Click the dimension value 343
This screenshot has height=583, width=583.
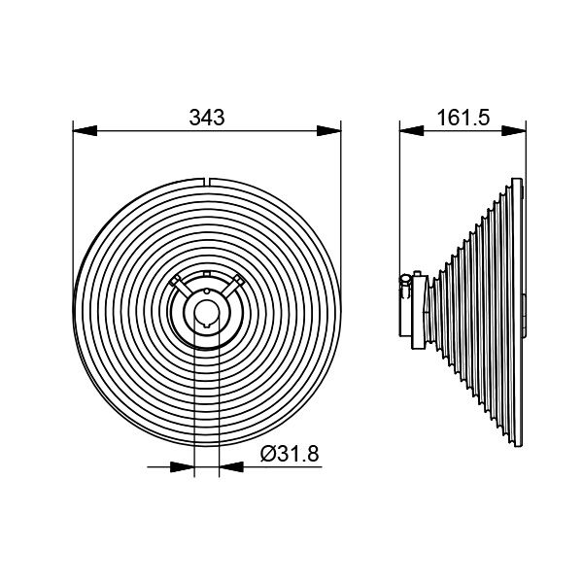pos(206,118)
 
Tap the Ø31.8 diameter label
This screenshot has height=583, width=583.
pos(291,452)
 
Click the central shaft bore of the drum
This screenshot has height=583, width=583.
pos(207,310)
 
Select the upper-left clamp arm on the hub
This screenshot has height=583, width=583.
pos(180,286)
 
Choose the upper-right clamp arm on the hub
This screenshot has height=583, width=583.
pos(234,286)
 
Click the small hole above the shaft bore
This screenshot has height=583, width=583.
pos(207,291)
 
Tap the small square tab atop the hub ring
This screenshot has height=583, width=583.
pos(207,273)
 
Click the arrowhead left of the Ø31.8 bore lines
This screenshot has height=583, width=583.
pos(184,467)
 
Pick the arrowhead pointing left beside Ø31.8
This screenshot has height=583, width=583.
pos(230,467)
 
